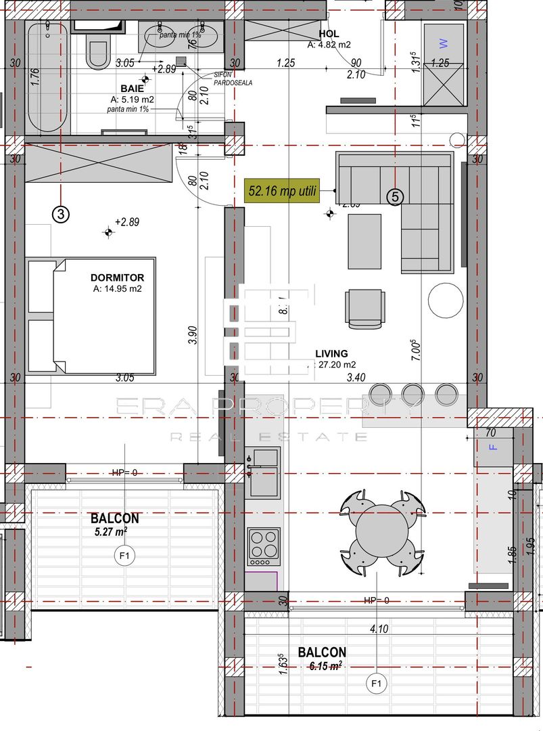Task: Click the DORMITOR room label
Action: pyautogui.click(x=117, y=278)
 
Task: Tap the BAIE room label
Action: pyautogui.click(x=132, y=89)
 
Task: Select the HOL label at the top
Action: pyautogui.click(x=329, y=34)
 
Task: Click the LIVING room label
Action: pyautogui.click(x=331, y=353)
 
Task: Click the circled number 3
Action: pyautogui.click(x=61, y=215)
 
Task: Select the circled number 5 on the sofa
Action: pyautogui.click(x=396, y=197)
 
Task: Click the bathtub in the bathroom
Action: pyautogui.click(x=47, y=78)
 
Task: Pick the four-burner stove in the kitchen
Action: pyautogui.click(x=264, y=546)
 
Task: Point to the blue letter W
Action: pyautogui.click(x=444, y=43)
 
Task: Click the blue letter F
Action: pyautogui.click(x=492, y=447)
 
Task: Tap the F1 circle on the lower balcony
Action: pyautogui.click(x=377, y=684)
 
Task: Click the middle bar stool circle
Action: pyautogui.click(x=412, y=393)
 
